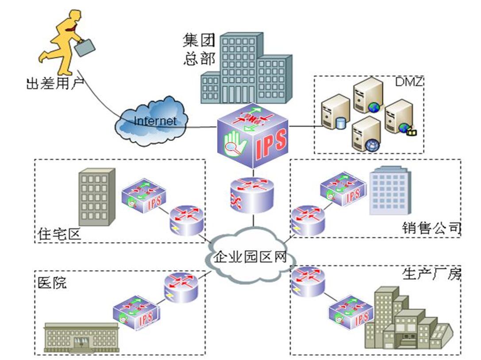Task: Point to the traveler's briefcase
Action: [x=85, y=47]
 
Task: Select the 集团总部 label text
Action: [x=199, y=49]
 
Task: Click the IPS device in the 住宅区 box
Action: [x=144, y=197]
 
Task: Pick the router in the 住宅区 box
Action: [x=186, y=220]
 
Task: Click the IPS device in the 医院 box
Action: [x=136, y=315]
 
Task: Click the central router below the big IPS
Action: [x=253, y=195]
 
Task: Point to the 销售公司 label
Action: [x=431, y=228]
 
